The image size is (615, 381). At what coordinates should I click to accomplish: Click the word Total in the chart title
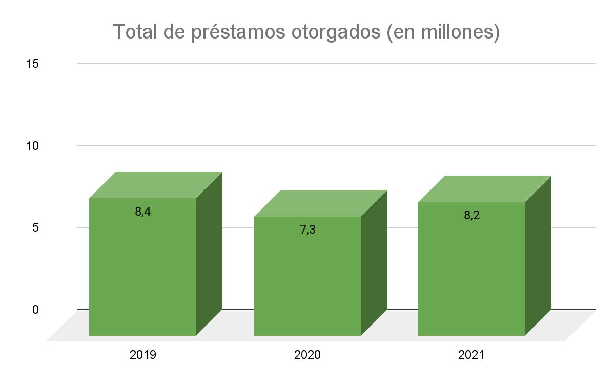[134, 32]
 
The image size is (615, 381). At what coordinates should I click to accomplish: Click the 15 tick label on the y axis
[33, 64]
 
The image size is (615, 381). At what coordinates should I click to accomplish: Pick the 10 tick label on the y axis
[33, 146]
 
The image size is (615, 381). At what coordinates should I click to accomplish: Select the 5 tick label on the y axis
[35, 227]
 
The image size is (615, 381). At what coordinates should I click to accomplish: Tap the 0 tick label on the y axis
[35, 310]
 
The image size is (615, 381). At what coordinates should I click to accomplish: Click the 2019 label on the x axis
[142, 355]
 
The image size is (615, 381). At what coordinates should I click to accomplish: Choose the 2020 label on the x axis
[307, 355]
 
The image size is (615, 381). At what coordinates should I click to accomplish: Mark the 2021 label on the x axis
[471, 355]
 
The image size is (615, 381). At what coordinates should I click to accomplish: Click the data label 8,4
[143, 211]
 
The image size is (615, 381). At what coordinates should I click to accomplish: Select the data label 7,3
[307, 230]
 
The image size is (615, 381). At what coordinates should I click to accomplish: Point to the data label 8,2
[471, 215]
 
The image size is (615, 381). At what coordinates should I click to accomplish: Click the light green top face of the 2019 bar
[156, 185]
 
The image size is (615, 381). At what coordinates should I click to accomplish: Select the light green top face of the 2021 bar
[485, 189]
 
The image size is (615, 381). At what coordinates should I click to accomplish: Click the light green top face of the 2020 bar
[321, 203]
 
